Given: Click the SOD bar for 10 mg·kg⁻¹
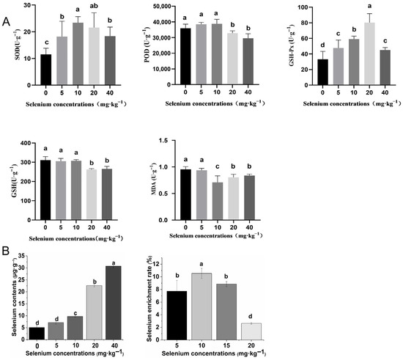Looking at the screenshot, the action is pyautogui.click(x=78, y=54).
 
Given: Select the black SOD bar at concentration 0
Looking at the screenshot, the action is pyautogui.click(x=45, y=70).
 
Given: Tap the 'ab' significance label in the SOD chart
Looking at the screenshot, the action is pyautogui.click(x=94, y=6).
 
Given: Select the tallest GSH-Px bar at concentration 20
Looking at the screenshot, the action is pyautogui.click(x=369, y=54).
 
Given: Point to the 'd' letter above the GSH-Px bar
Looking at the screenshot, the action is pyautogui.click(x=322, y=45).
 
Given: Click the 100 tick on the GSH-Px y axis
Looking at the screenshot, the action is pyautogui.click(x=303, y=7).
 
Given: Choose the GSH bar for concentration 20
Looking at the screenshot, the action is pyautogui.click(x=92, y=194).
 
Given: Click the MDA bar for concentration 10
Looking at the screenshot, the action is pyautogui.click(x=218, y=201).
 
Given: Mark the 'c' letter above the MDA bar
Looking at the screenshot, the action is pyautogui.click(x=218, y=166).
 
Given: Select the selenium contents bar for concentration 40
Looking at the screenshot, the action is pyautogui.click(x=114, y=303).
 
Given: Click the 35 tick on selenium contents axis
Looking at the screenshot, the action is pyautogui.click(x=23, y=256).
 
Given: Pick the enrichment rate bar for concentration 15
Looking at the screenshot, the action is pyautogui.click(x=226, y=312).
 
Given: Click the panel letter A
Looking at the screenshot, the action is pyautogui.click(x=6, y=22).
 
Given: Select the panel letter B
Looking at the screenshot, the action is pyautogui.click(x=6, y=251).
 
